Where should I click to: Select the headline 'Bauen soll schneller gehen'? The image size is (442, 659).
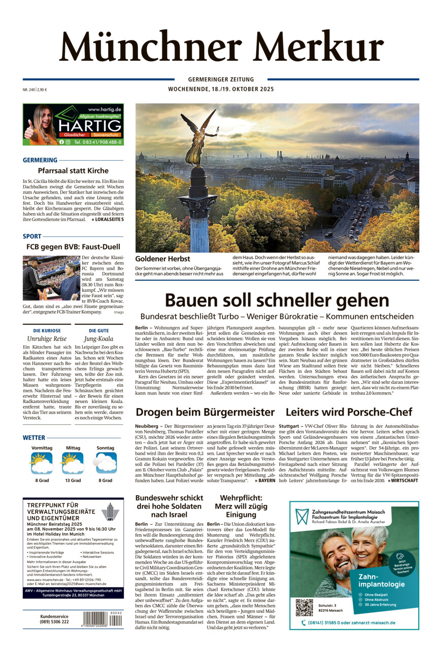(277, 300)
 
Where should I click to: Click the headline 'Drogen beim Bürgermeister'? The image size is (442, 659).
(205, 412)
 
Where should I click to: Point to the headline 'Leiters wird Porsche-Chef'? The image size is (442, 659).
(349, 412)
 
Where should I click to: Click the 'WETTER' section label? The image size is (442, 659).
(34, 437)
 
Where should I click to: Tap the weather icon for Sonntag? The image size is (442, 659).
(105, 463)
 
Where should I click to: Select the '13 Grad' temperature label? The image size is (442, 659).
(73, 480)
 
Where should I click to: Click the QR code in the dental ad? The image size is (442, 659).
(304, 607)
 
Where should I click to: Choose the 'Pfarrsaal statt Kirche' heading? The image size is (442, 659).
(73, 171)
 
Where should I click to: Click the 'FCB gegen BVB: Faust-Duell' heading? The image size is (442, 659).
(73, 247)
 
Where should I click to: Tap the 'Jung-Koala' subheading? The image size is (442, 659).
(99, 339)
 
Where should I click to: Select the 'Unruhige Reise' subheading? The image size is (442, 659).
(47, 339)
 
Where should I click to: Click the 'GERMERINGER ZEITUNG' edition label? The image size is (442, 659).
(221, 80)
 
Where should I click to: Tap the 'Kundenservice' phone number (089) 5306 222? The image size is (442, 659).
(54, 621)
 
